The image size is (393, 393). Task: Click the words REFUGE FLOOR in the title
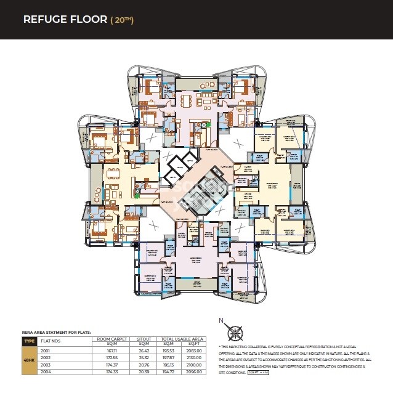[x=64, y=19]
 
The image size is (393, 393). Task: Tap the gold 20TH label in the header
[x=122, y=19]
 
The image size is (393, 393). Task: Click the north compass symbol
[x=234, y=332]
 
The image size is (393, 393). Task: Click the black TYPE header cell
[x=29, y=340]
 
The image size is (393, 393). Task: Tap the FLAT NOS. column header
[x=51, y=340]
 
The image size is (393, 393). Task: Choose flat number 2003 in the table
[x=45, y=364]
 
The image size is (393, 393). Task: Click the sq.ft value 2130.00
[x=195, y=357]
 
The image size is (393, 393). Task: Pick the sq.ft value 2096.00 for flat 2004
[x=195, y=372]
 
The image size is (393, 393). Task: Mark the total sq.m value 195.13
[x=167, y=364]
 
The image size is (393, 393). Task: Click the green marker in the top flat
[x=208, y=125]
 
